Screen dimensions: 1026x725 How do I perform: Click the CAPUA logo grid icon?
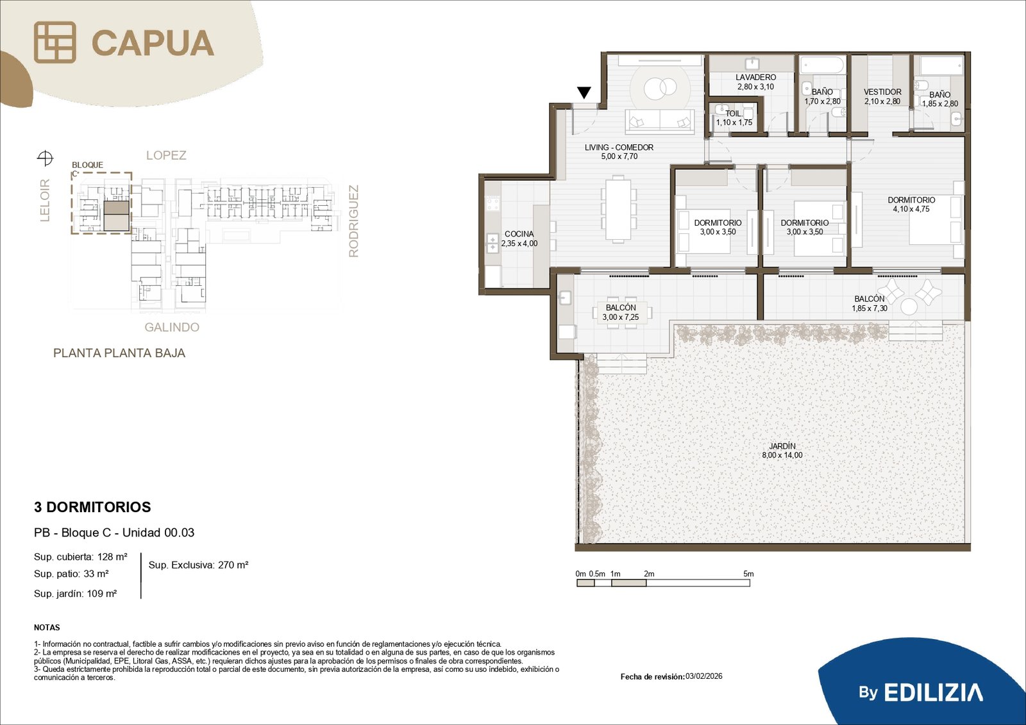[55, 42]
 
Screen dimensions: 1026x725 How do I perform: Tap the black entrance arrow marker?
[584, 93]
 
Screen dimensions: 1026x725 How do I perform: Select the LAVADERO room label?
[756, 78]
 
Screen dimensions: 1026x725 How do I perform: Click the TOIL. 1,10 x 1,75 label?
[734, 118]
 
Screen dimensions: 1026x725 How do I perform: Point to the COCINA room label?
[519, 234]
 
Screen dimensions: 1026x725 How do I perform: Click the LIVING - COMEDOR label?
[619, 147]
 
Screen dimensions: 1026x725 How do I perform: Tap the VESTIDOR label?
[882, 92]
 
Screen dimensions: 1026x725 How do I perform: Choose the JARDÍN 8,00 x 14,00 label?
[782, 450]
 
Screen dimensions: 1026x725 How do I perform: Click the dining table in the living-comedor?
[619, 208]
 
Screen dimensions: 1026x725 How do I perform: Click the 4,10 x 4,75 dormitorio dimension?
[911, 210]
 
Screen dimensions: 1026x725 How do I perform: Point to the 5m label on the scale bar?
[748, 574]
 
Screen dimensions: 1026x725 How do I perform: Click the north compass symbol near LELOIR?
[45, 158]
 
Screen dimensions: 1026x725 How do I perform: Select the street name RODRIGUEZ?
[353, 221]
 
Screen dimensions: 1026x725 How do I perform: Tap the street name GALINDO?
[172, 327]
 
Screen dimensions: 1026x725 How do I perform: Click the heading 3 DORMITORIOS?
[92, 507]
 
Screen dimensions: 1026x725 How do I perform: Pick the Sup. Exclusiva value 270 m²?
[233, 565]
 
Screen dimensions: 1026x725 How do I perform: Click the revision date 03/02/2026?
[704, 676]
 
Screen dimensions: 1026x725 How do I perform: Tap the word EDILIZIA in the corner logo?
[933, 692]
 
